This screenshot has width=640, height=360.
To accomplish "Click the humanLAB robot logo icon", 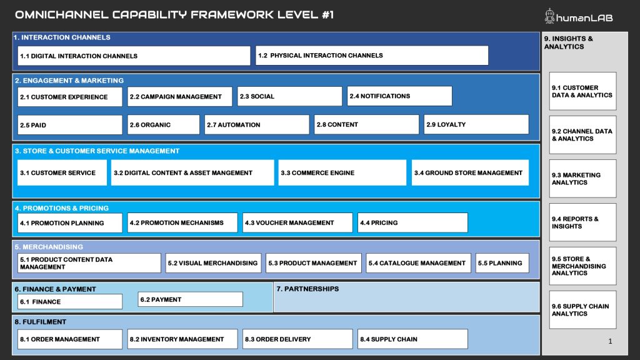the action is (549, 16).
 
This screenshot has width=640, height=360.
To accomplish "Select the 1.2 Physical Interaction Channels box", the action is (372, 56).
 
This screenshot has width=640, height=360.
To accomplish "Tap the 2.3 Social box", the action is (290, 96).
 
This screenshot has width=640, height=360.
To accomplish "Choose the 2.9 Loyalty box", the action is (476, 124).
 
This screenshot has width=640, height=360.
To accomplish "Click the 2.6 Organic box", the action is (163, 125).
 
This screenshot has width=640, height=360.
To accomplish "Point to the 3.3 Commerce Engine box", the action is (342, 172).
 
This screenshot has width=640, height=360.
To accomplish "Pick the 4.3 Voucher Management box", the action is (297, 223).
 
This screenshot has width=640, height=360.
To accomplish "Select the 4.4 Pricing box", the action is (412, 223).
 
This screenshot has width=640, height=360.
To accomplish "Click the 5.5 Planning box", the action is (502, 263).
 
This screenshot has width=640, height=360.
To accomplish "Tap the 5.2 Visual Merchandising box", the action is (213, 263).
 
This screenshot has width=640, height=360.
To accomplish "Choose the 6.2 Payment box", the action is (190, 299).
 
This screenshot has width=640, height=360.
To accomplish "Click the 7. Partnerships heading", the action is (307, 289).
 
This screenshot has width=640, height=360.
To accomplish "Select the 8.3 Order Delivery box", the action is (297, 339).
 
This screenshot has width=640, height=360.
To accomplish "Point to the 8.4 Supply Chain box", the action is (412, 339).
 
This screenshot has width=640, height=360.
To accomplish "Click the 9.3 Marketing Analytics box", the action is (582, 179).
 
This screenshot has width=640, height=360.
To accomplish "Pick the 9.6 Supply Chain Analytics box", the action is (582, 310).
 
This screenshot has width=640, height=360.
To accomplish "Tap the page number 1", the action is (610, 341).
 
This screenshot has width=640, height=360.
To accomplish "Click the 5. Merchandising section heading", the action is (49, 247).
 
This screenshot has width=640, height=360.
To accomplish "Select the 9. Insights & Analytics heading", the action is (569, 42).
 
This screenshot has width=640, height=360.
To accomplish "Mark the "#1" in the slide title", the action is (327, 15).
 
